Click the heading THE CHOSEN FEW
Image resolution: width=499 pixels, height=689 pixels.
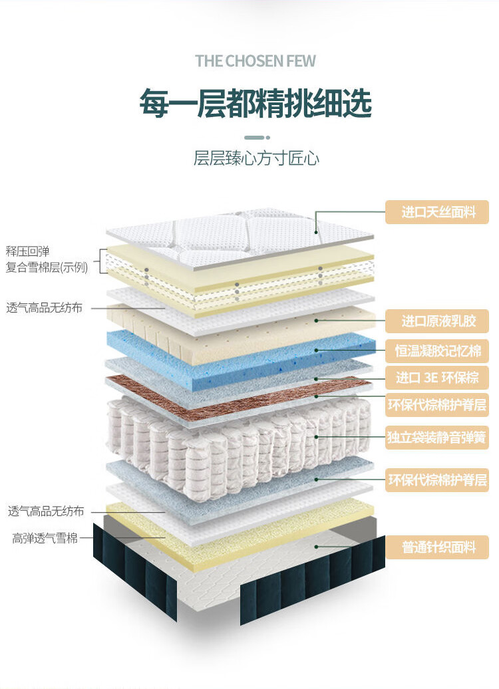[x=255, y=61]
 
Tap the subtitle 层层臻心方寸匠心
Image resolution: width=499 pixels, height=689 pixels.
[x=256, y=158]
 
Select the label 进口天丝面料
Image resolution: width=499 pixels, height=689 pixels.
[x=438, y=212]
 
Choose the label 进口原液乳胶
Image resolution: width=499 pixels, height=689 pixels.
[x=438, y=321]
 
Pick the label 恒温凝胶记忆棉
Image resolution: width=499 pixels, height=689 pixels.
[x=438, y=350]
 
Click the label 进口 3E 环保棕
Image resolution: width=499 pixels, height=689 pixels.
[x=438, y=378]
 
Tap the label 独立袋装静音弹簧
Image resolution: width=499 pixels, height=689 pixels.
[x=438, y=437]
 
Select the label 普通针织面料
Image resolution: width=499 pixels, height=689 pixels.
[x=438, y=547]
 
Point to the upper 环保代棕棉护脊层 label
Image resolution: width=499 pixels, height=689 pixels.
[x=438, y=404]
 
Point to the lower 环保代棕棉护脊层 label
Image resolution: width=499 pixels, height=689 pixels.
[x=438, y=479]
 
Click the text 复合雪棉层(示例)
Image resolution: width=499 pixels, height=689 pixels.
[x=47, y=268]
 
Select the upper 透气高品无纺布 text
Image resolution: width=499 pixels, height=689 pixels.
[x=45, y=308]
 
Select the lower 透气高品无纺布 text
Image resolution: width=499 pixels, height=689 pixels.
[x=46, y=511]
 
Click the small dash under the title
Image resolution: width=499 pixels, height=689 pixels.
[x=255, y=137]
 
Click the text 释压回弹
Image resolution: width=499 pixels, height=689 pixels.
[x=28, y=251]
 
